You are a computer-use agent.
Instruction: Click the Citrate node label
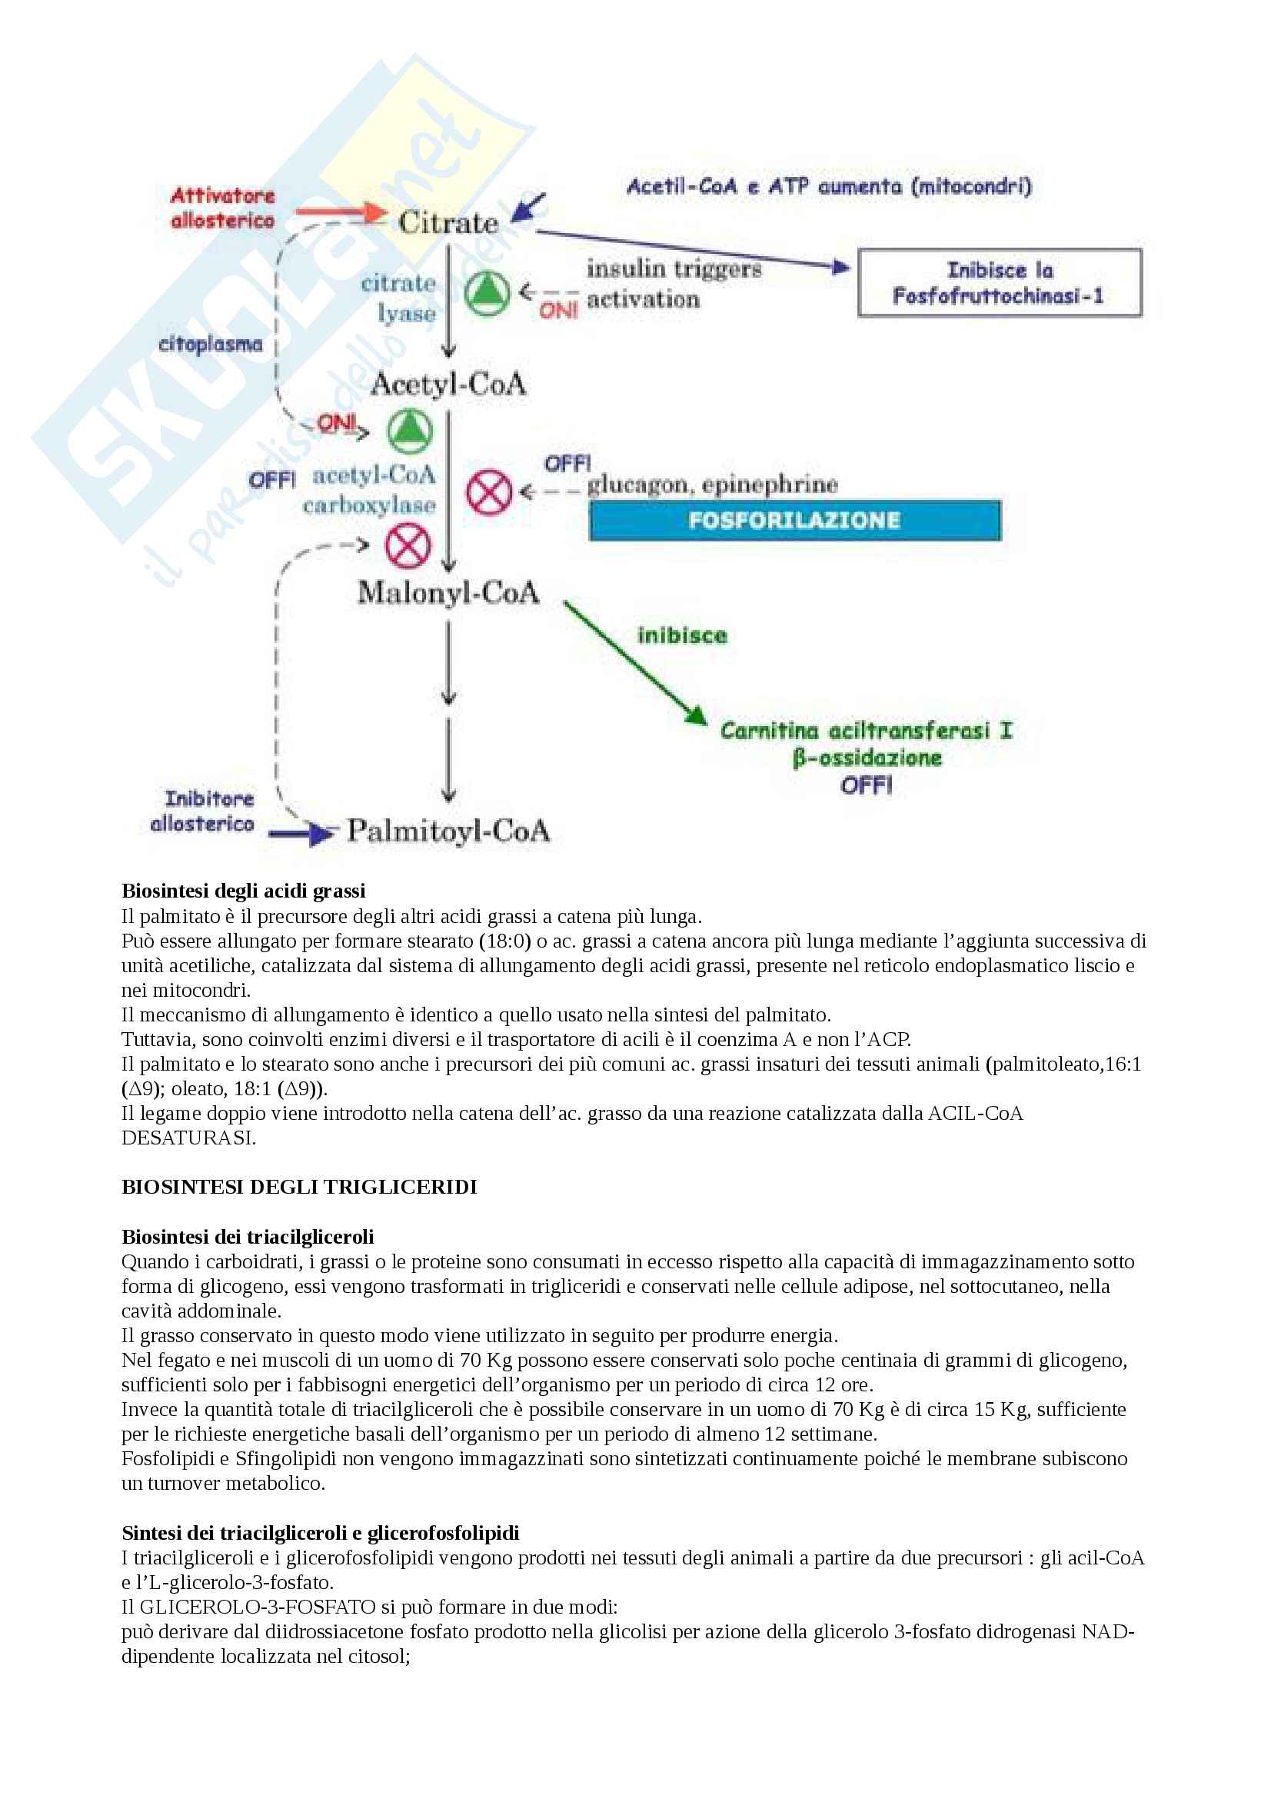point(448,222)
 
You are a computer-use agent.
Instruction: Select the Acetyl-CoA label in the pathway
point(448,384)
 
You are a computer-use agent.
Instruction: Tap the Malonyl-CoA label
point(448,592)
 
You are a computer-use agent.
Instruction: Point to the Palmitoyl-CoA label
point(448,831)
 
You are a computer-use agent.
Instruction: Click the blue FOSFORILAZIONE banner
point(794,520)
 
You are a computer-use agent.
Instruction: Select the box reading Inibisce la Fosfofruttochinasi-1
point(1000,283)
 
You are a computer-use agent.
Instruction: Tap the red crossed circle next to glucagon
point(489,493)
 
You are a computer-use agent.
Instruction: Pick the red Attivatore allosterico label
point(223,208)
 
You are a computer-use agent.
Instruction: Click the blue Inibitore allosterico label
point(204,811)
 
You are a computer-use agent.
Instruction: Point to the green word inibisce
point(682,635)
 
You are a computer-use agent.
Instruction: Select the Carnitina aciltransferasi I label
point(866,731)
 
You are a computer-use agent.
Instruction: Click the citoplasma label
point(211,344)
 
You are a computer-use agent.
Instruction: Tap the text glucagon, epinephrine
point(713,485)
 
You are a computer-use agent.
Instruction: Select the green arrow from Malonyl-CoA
point(634,662)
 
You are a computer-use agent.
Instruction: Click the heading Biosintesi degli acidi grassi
point(244,891)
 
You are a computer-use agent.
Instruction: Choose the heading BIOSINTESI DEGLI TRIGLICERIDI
point(299,1187)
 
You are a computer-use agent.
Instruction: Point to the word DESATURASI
point(188,1138)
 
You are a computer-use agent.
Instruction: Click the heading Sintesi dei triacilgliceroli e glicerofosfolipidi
point(321,1533)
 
